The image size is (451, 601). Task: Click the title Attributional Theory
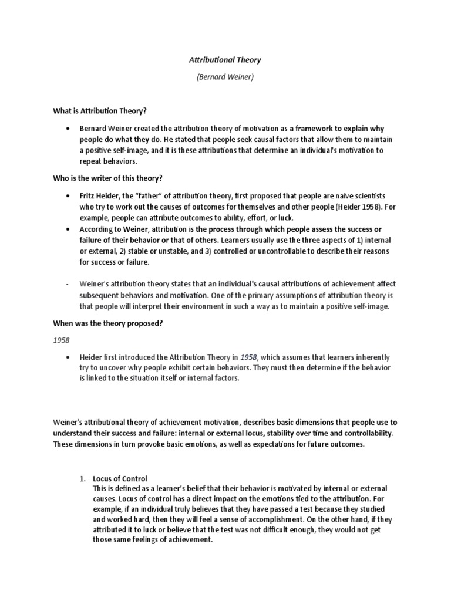[225, 60]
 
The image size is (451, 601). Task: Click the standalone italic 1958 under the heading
[62, 340]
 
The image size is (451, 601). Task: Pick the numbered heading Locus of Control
[120, 478]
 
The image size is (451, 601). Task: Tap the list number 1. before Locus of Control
[83, 478]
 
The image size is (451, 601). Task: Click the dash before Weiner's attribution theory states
[68, 284]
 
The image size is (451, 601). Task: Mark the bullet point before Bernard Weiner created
[70, 128]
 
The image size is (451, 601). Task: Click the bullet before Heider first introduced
[70, 357]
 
